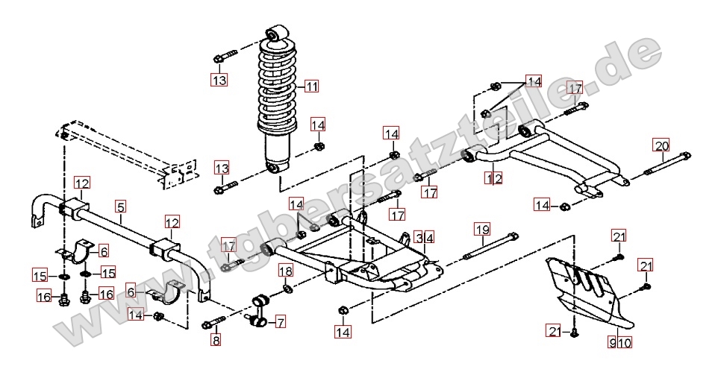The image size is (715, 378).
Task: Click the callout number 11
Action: [x=311, y=86]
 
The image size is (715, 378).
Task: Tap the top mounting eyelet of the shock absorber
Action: [x=275, y=34]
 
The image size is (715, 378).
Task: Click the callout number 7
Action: [x=280, y=322]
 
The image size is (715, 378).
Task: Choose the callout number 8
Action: [x=216, y=341]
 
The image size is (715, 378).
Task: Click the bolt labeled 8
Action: [x=213, y=324]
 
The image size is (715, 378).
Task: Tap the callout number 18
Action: [x=285, y=271]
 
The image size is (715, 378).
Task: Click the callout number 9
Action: [x=613, y=343]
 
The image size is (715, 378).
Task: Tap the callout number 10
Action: [x=625, y=343]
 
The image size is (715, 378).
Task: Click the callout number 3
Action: [x=419, y=237]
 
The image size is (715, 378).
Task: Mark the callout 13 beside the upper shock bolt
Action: [x=219, y=79]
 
